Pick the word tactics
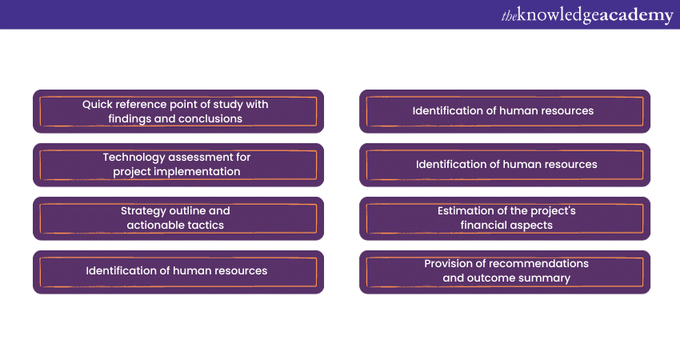click(x=206, y=225)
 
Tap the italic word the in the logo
click(x=509, y=17)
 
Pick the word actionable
click(x=156, y=225)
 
